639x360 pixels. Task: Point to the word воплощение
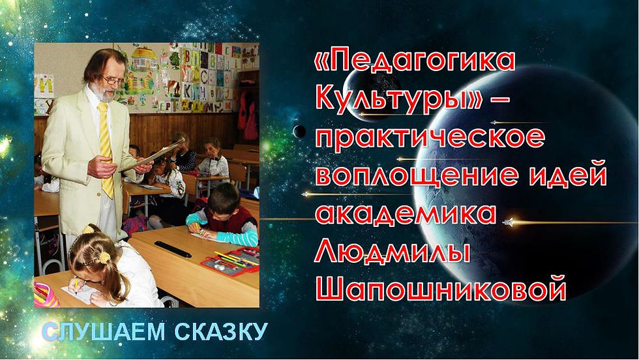(416, 175)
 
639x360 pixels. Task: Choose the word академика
(406, 214)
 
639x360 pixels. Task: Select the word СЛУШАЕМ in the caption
(104, 331)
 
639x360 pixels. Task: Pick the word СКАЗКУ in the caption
(221, 331)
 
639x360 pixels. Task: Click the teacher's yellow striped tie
(106, 149)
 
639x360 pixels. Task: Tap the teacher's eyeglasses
(113, 80)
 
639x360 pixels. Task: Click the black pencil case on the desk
(173, 249)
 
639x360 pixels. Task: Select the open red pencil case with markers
(231, 262)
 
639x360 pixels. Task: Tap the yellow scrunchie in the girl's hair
(104, 257)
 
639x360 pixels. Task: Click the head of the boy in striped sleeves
(223, 198)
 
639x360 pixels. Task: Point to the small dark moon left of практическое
(299, 131)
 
